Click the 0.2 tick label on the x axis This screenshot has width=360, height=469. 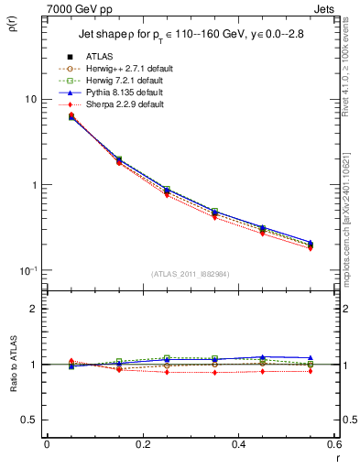pyautogui.click(x=143, y=444)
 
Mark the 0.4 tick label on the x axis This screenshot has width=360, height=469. pyautogui.click(x=238, y=444)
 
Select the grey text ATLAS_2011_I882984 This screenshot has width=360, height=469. pyautogui.click(x=190, y=274)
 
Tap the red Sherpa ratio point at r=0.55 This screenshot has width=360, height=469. pyautogui.click(x=311, y=371)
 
